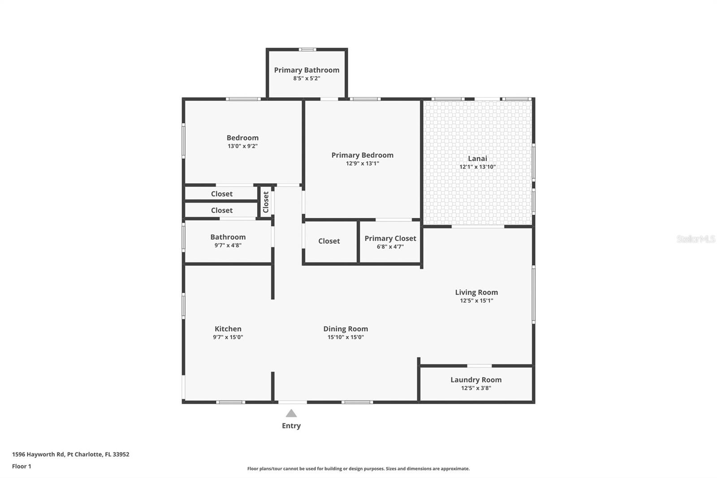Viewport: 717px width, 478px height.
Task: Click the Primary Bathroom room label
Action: click(x=307, y=70)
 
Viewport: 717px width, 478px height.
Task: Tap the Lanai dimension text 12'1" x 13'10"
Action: click(x=478, y=167)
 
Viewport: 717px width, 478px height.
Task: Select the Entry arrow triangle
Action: click(x=291, y=413)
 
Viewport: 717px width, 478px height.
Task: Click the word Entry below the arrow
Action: click(x=291, y=426)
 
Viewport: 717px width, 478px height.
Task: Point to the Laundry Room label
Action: click(x=476, y=380)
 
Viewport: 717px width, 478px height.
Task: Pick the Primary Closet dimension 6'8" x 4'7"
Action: click(x=390, y=247)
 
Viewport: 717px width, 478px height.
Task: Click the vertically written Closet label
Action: click(x=266, y=202)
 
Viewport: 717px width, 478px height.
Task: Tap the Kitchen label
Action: click(x=228, y=329)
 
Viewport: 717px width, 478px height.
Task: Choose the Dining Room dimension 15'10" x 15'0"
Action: click(x=346, y=337)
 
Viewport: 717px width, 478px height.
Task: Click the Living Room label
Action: click(x=477, y=292)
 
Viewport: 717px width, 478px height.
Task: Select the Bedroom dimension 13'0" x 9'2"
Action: click(x=242, y=146)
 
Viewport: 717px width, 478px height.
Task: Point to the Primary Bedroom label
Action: click(x=363, y=156)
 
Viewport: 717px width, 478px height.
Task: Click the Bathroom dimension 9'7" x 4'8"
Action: click(x=228, y=245)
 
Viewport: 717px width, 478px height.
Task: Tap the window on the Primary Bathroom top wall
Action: click(x=307, y=50)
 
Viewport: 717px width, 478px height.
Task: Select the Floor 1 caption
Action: click(x=22, y=466)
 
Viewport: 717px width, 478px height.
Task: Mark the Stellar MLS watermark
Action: click(x=696, y=239)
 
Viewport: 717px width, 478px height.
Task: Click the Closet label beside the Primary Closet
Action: click(x=329, y=241)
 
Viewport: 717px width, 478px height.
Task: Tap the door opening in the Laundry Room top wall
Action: click(x=479, y=366)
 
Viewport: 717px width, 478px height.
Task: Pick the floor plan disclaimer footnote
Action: click(x=358, y=469)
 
